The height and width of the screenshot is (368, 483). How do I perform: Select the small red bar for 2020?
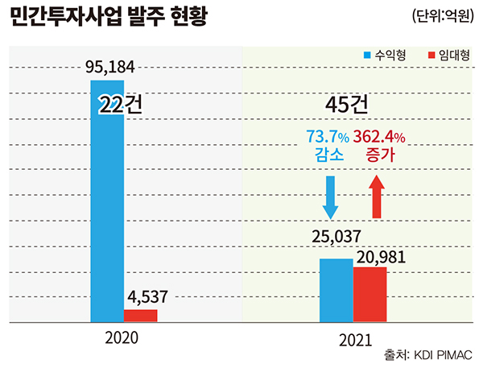point(140,316)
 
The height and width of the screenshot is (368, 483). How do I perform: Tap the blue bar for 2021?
point(336,290)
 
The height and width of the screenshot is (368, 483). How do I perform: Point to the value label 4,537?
point(146,296)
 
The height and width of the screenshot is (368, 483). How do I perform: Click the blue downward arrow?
point(329,198)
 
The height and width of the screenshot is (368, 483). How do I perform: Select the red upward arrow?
point(377,198)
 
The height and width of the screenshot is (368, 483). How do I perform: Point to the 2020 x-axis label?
point(122,337)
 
